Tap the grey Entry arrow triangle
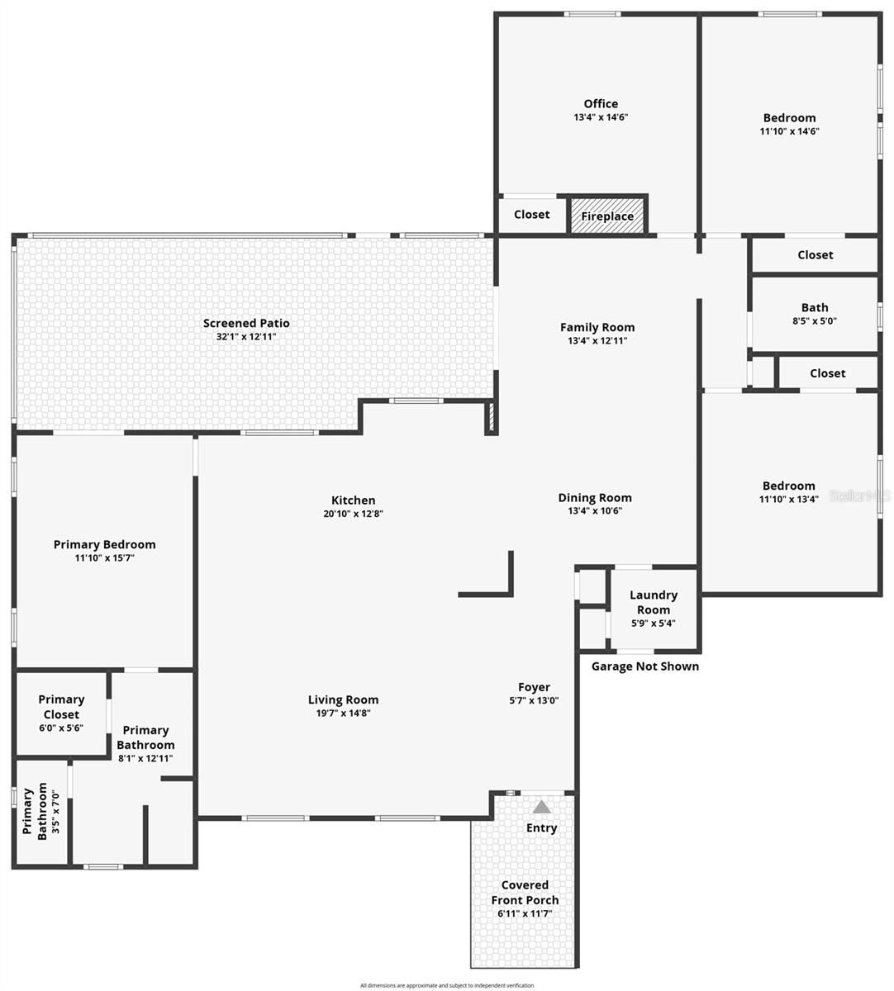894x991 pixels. (542, 807)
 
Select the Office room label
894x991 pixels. (601, 103)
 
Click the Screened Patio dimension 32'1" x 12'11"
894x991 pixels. (246, 337)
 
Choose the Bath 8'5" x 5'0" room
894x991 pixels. (814, 314)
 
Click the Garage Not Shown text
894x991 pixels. (645, 666)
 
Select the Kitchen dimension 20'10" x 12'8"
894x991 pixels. (353, 514)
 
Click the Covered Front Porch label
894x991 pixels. (525, 893)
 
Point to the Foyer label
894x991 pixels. (534, 687)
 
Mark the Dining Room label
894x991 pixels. (595, 497)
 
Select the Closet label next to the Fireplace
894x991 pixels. (531, 215)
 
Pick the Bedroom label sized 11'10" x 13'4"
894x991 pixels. (788, 486)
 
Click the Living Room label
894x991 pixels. (343, 699)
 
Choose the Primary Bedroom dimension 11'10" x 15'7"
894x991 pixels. (104, 558)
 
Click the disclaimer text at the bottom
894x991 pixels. (446, 985)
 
